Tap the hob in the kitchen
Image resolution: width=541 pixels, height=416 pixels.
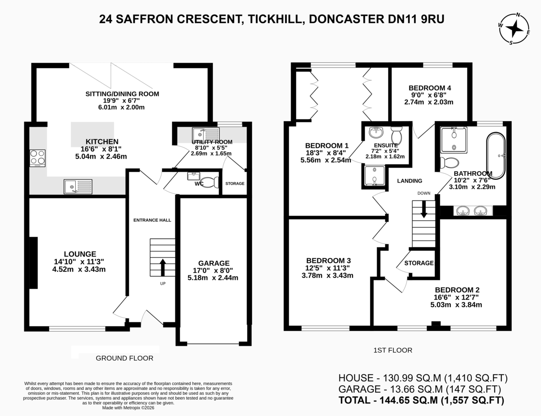click(x=37, y=158)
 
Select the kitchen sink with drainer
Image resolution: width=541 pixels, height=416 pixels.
click(x=78, y=187)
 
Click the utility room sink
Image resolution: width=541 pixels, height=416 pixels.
click(x=206, y=134)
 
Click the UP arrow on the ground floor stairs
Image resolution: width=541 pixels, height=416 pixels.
click(x=163, y=268)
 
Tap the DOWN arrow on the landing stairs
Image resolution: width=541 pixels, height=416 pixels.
click(x=423, y=209)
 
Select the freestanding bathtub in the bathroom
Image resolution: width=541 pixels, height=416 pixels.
click(x=496, y=156)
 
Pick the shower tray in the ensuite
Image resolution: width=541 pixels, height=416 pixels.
click(x=375, y=176)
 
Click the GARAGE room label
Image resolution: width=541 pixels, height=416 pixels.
click(x=214, y=263)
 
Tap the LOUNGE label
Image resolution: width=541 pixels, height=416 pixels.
click(x=80, y=254)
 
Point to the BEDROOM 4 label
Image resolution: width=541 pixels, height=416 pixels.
click(x=430, y=88)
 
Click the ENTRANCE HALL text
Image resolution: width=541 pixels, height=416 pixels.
click(x=152, y=220)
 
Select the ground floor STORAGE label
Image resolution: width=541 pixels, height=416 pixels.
click(x=235, y=183)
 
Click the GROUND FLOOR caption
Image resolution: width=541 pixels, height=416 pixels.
click(x=124, y=358)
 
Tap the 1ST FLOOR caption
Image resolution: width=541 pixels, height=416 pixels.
click(x=393, y=350)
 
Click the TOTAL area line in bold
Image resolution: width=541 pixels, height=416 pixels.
click(x=421, y=400)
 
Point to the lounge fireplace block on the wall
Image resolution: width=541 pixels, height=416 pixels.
click(x=34, y=263)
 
